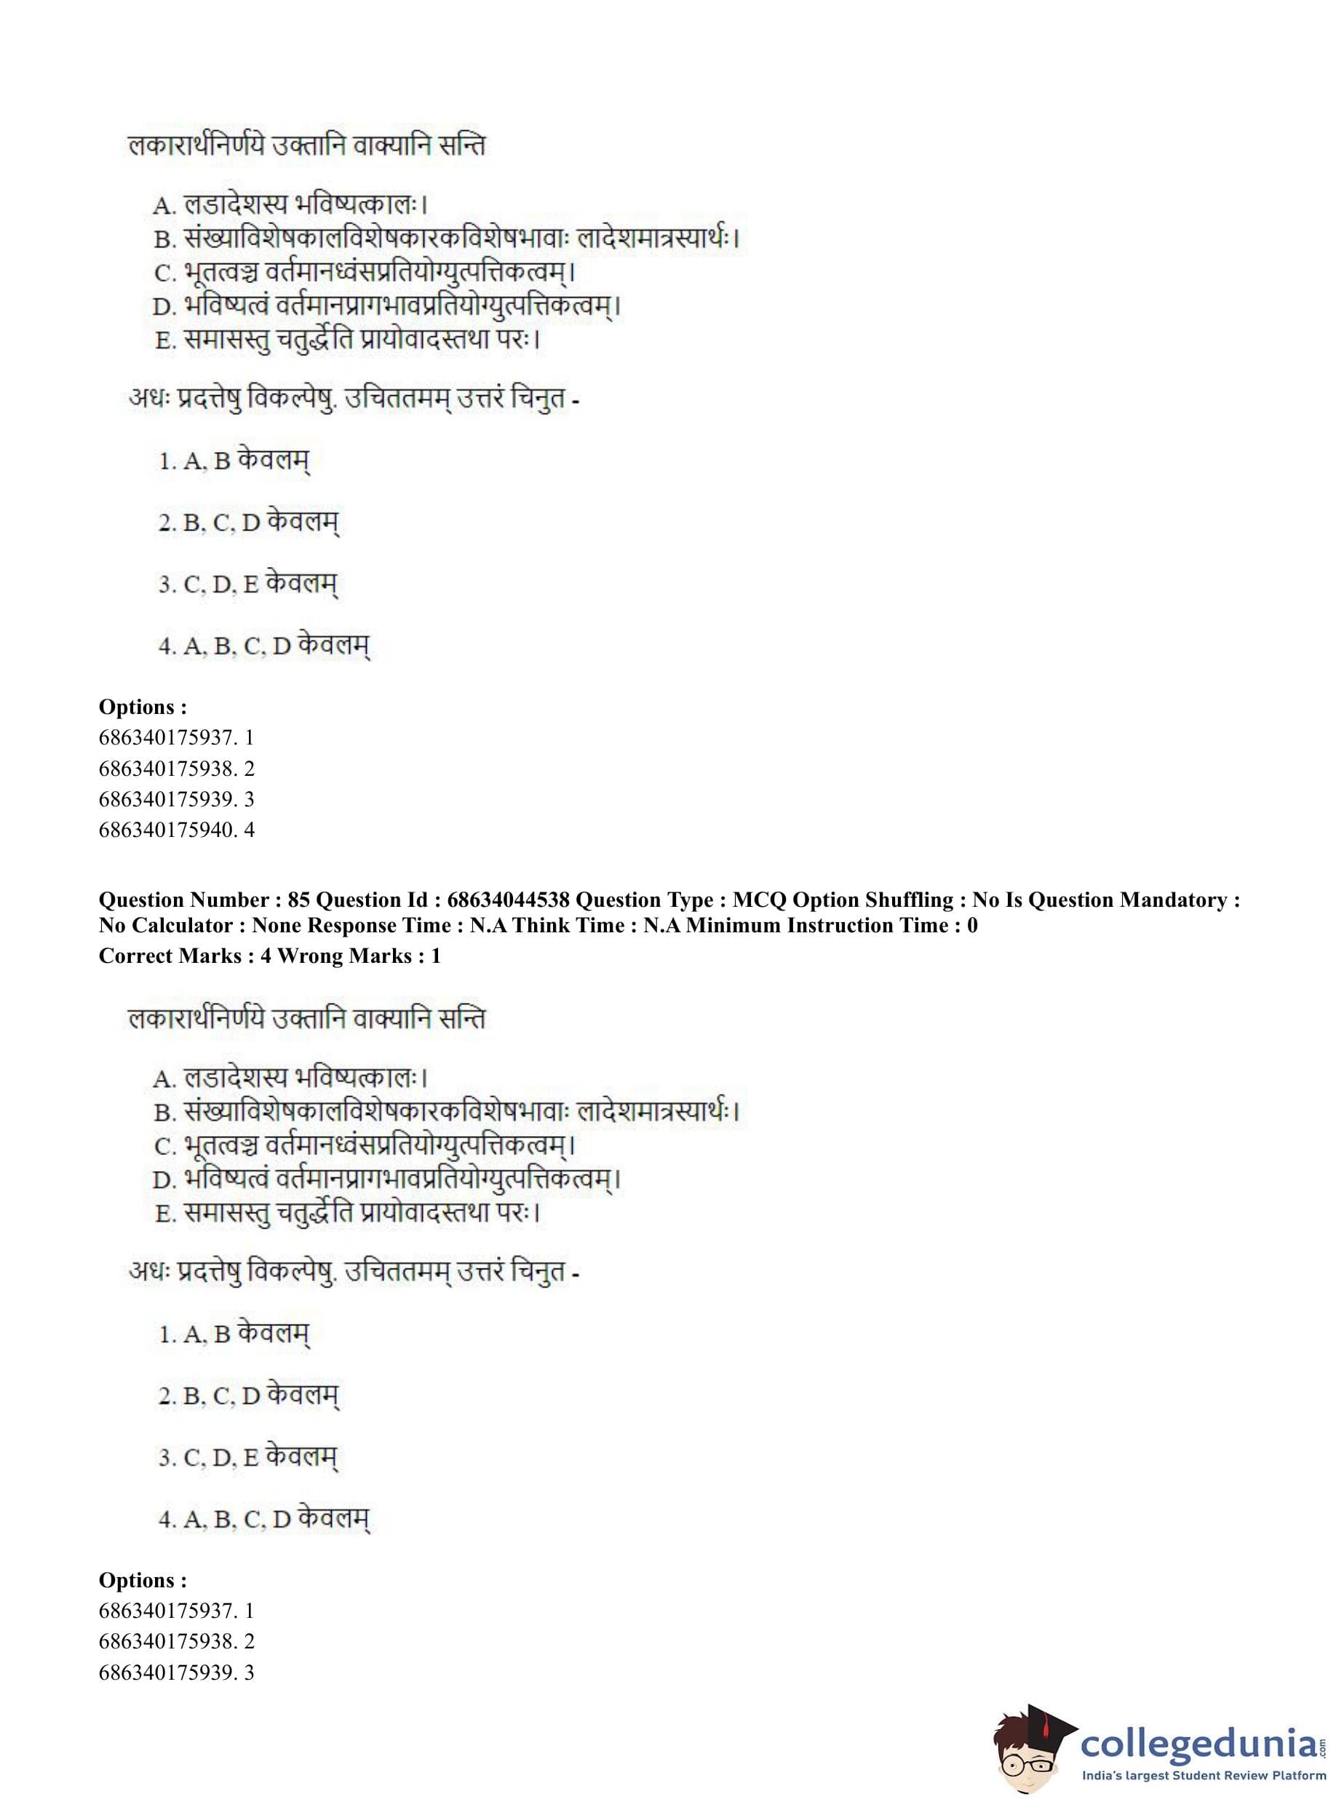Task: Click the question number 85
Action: coord(298,900)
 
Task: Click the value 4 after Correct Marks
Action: coord(266,956)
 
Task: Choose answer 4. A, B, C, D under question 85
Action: coord(263,1519)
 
